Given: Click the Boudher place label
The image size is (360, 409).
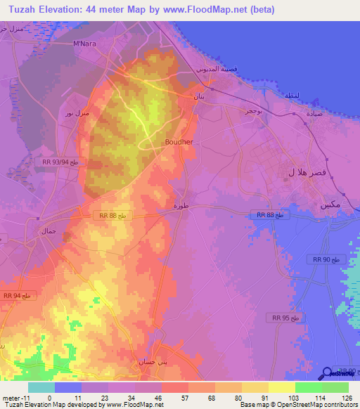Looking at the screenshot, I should pyautogui.click(x=179, y=141).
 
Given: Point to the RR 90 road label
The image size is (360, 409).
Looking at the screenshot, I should pyautogui.click(x=327, y=260).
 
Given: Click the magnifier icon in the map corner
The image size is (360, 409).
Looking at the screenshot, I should pyautogui.click(x=327, y=374).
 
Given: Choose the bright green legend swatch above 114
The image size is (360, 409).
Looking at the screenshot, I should pyautogui.click(x=307, y=387).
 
